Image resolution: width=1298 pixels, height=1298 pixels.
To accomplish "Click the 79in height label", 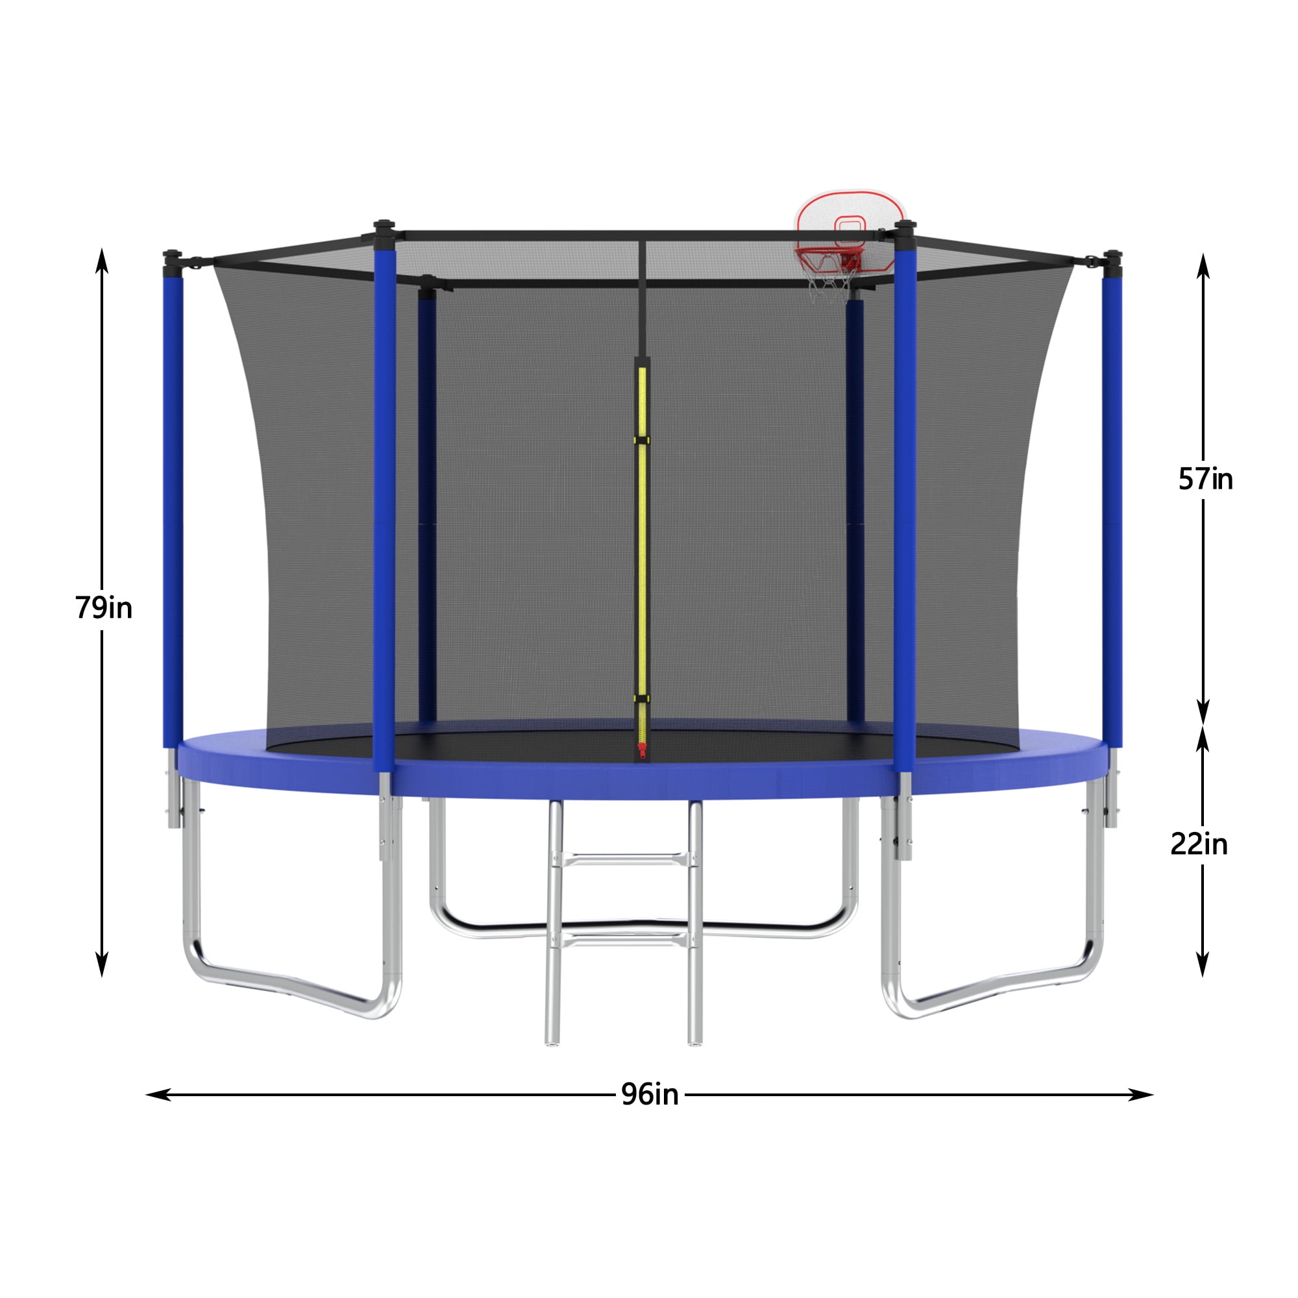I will pos(103,608).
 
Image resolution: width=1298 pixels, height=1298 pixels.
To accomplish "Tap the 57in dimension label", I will pos(1205,480).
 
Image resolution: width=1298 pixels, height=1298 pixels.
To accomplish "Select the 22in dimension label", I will pos(1199,844).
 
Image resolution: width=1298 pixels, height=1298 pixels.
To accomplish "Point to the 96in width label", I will pos(650,1094).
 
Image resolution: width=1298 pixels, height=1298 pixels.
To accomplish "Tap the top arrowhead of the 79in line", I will pos(102,259).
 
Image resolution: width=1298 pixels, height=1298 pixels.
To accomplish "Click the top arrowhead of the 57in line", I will pos(1203,265).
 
